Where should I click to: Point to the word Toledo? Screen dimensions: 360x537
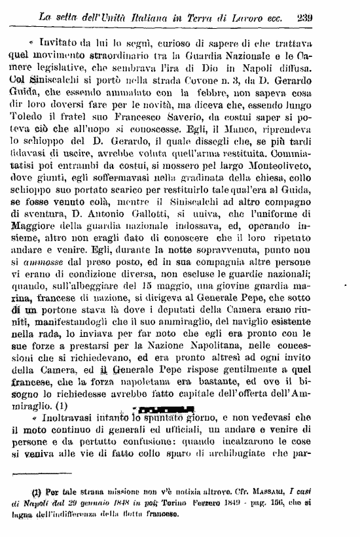[x=25, y=122]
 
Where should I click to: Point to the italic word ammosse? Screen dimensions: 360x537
[x=46, y=280]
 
